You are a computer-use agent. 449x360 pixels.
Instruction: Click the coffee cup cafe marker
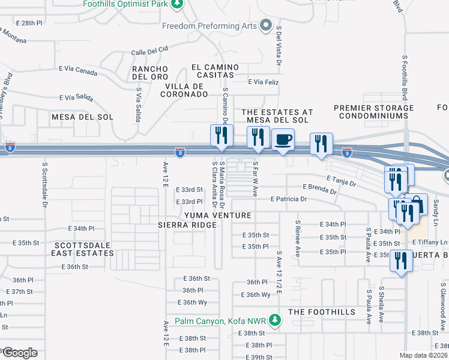(283, 139)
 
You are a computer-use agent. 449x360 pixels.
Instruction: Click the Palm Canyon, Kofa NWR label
(221, 321)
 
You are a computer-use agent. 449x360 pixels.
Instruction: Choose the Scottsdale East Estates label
(83, 249)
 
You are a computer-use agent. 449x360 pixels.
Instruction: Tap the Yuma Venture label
(217, 215)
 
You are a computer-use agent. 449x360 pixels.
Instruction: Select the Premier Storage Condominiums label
(374, 112)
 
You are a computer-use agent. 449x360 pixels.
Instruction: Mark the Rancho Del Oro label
(150, 73)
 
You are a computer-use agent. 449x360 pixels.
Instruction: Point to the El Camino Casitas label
(212, 71)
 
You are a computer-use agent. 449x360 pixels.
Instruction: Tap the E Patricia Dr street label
(289, 199)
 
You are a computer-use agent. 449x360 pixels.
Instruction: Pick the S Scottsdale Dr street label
(44, 184)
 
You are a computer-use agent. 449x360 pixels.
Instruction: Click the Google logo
(19, 352)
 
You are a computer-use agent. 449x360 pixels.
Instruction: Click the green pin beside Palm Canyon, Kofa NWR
(275, 320)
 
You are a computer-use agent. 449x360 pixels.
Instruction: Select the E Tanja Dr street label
(342, 179)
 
